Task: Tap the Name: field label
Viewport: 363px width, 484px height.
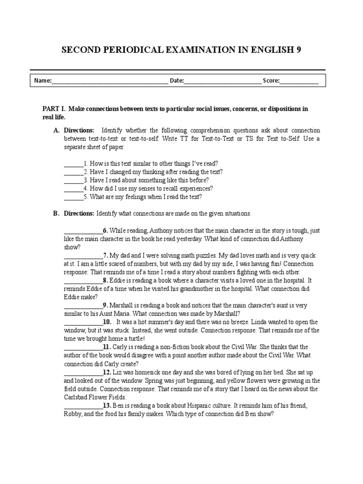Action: [43, 81]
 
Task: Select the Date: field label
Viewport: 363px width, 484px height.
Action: [177, 81]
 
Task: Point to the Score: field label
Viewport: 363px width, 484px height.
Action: [271, 81]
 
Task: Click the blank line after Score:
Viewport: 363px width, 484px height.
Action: [300, 81]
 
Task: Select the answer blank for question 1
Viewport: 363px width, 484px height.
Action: [73, 164]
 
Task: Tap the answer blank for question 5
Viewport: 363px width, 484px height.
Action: [73, 197]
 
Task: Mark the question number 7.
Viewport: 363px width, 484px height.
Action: [106, 256]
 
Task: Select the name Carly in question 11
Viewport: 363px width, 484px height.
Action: [121, 347]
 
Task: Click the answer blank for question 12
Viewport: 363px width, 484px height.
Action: [83, 372]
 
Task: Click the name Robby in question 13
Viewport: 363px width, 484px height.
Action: [73, 414]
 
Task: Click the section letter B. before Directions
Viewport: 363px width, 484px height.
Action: [56, 214]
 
